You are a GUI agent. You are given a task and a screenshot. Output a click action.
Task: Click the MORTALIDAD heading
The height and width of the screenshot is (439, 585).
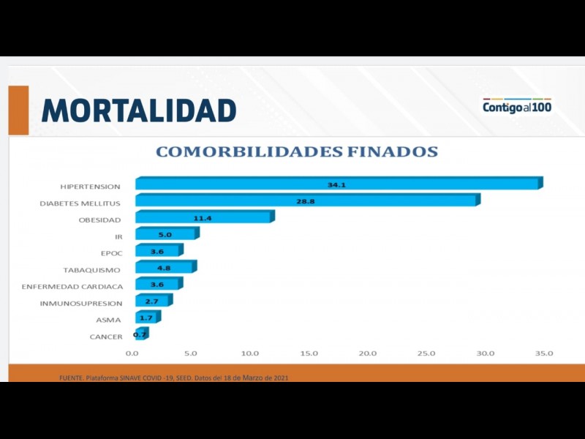139,110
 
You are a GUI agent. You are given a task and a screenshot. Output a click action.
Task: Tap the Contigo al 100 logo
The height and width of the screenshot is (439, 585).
517,107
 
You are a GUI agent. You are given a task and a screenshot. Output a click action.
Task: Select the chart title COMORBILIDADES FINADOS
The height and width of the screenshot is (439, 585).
297,152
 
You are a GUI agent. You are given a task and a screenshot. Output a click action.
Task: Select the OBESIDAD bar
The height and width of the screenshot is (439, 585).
203,217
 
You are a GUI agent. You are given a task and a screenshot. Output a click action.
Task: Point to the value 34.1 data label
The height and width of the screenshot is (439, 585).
336,185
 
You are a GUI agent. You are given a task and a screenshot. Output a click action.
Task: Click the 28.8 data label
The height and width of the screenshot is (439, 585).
306,201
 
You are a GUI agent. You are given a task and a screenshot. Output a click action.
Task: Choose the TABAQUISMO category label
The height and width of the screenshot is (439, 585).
91,270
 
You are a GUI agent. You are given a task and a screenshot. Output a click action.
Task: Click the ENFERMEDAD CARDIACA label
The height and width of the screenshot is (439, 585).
72,287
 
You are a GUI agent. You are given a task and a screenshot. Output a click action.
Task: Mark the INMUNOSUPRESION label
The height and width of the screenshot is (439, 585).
80,303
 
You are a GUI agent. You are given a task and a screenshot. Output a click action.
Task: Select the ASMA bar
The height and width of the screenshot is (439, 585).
146,318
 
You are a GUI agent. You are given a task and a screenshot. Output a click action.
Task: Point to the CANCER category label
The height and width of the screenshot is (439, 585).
106,337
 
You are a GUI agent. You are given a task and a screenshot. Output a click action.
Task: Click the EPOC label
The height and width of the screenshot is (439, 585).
111,253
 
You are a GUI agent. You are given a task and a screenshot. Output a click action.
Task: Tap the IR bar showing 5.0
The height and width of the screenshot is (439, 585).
165,235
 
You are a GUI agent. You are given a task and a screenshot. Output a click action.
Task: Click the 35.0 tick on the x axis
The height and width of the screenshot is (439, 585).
544,353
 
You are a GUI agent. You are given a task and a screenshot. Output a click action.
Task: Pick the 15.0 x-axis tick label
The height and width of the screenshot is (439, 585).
309,353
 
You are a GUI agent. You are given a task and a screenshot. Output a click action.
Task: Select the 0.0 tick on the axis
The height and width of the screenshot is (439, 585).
132,353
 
